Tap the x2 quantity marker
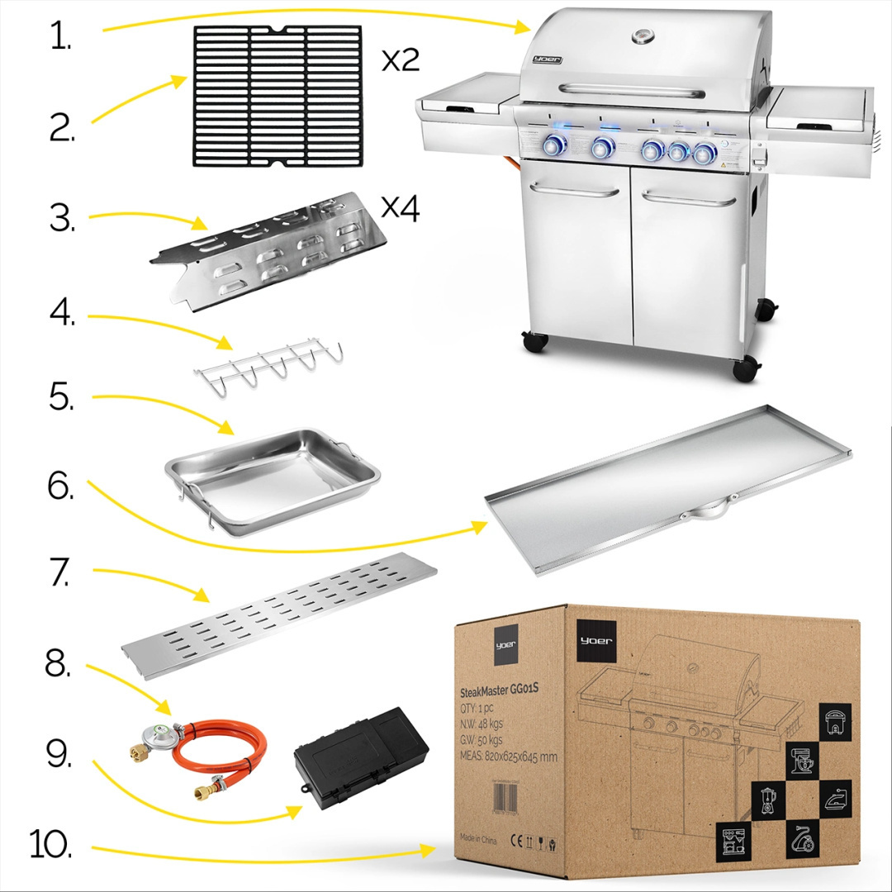coord(401,60)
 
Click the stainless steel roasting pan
coord(273,481)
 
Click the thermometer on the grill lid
coord(643,37)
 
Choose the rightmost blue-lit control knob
coord(704,153)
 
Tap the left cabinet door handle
coord(576,190)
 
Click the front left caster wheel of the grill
coord(534,341)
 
